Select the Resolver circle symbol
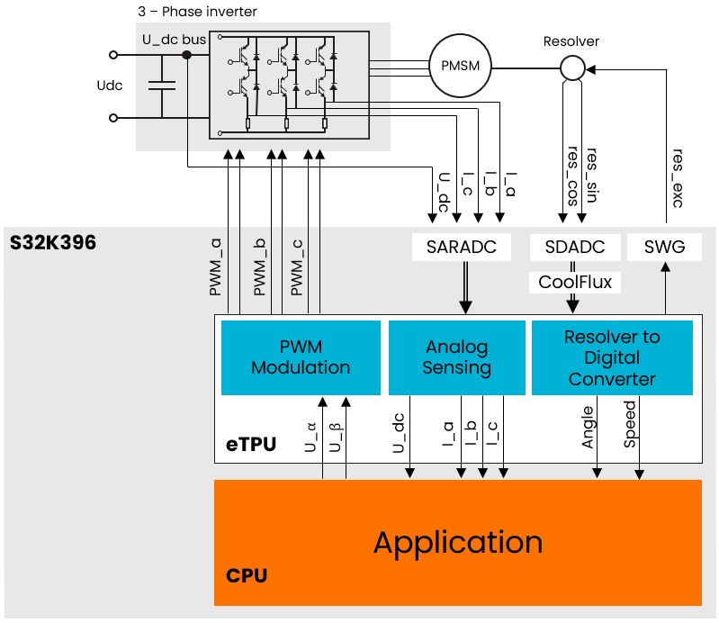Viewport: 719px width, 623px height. click(x=572, y=67)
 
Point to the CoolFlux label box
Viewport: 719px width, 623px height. click(x=575, y=282)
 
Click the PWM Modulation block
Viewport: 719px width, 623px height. click(x=301, y=357)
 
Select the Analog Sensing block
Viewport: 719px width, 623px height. click(x=457, y=357)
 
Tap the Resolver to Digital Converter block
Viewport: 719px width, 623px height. click(x=612, y=357)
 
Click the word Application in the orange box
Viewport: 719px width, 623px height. click(x=457, y=542)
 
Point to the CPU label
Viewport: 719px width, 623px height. click(x=246, y=575)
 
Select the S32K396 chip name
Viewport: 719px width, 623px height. click(x=52, y=244)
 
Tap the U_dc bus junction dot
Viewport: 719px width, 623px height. click(x=187, y=55)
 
